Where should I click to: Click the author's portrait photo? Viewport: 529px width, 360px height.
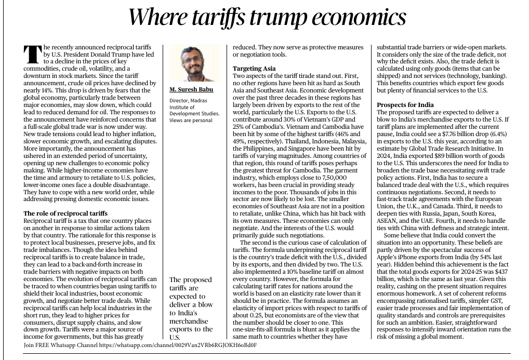pos(195,63)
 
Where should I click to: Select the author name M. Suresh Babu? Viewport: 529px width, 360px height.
pos(191,89)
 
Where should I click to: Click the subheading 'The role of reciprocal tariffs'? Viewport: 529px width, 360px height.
pos(65,214)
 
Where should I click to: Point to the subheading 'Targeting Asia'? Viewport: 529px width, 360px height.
pos(254,69)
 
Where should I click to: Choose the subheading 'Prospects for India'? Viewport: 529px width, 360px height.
pos(405,105)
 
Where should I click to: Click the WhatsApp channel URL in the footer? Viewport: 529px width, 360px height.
pos(178,345)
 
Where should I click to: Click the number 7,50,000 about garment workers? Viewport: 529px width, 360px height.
pos(334,178)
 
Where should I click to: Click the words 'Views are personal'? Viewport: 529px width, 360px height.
pos(191,120)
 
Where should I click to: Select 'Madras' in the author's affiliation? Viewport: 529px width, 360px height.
pos(199,101)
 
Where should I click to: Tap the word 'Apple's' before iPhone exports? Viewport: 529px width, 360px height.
pos(387,257)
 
